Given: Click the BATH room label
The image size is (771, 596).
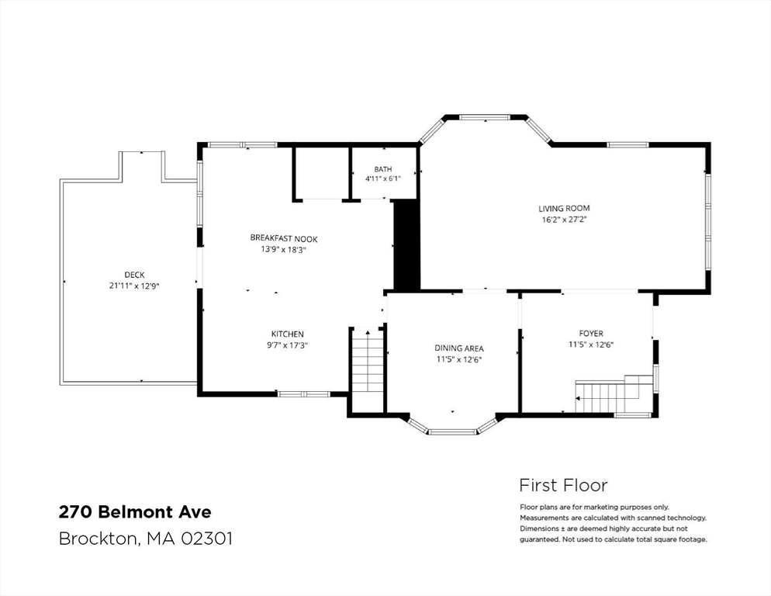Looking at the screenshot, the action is [x=383, y=169].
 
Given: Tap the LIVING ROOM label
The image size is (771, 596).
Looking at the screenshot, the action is [x=564, y=208].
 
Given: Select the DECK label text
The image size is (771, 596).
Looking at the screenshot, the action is [x=134, y=275].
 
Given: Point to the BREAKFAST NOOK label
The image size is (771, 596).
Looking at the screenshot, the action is [x=284, y=238].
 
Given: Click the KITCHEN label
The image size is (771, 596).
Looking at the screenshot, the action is [x=287, y=334].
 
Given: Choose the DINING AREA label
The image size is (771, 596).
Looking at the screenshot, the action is [x=458, y=348].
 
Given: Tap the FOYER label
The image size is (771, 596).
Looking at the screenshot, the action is [x=591, y=333].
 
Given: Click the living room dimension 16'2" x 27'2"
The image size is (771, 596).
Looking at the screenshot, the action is [x=565, y=220].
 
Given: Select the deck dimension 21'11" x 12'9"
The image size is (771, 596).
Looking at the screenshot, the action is [x=134, y=286].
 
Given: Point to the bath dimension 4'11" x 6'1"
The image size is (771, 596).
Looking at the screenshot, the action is [x=383, y=178].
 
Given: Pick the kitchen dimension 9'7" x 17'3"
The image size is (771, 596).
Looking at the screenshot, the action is [x=287, y=345].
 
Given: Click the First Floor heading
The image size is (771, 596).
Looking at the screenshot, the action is [x=563, y=485].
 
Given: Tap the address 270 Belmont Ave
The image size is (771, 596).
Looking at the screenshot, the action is [x=135, y=512].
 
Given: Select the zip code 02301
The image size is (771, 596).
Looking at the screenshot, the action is [x=206, y=539].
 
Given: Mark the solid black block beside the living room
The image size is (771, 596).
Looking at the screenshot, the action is [x=406, y=245].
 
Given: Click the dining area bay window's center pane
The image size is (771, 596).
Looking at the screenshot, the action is [x=452, y=432].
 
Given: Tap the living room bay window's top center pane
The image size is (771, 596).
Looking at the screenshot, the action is [x=485, y=117].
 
